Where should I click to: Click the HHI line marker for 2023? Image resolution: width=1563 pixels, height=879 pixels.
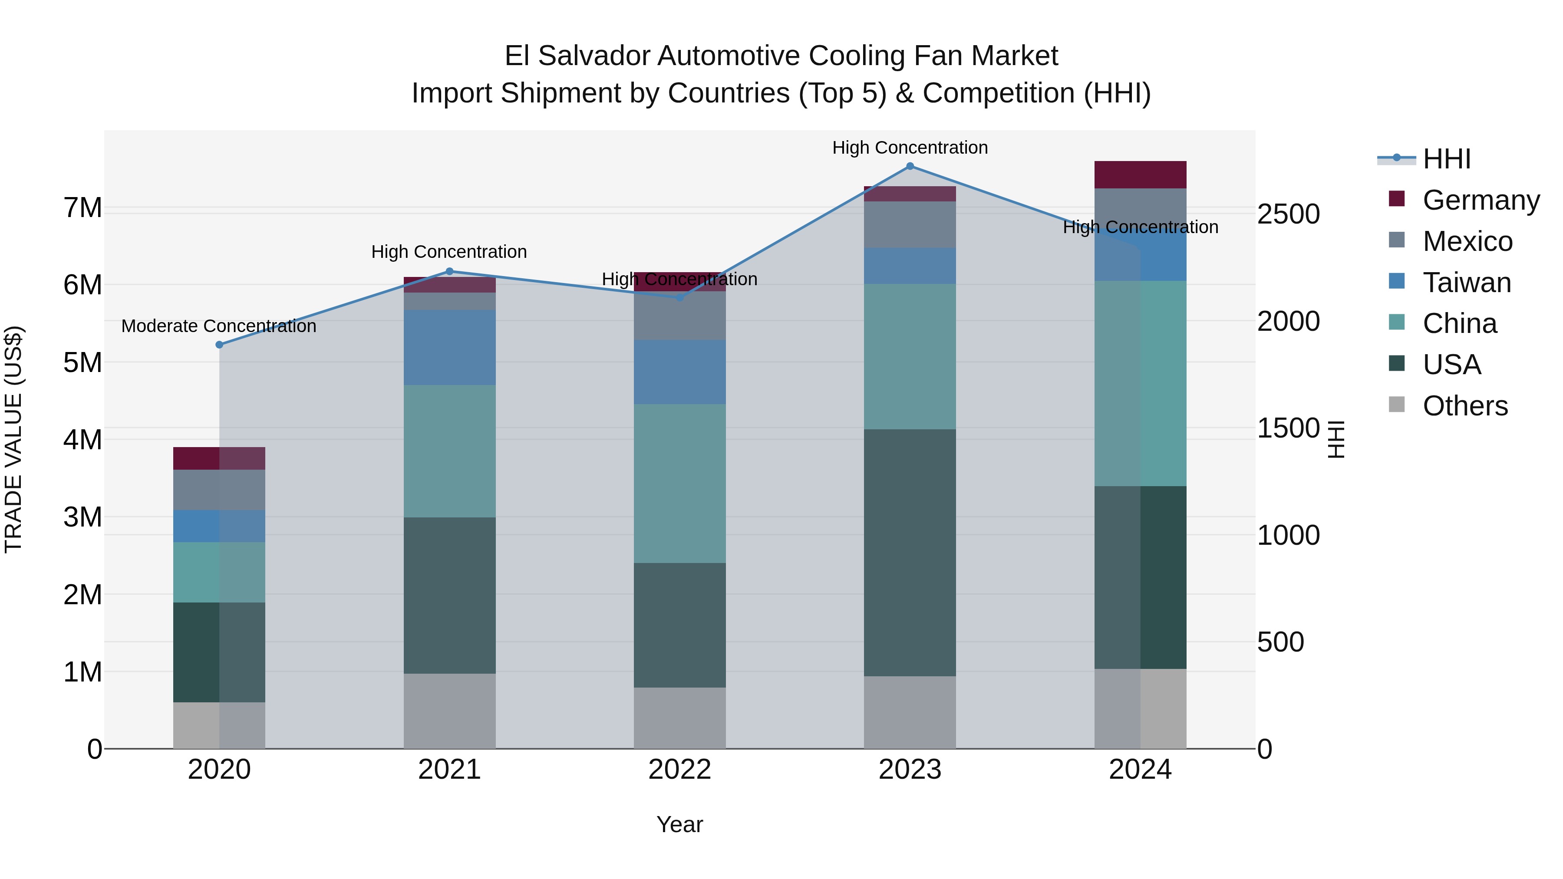pos(910,166)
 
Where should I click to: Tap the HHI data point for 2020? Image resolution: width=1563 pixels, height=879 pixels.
pos(220,345)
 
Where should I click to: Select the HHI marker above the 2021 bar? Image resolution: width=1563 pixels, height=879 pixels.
pos(450,271)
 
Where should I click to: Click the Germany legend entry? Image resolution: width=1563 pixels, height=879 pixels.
pos(1481,200)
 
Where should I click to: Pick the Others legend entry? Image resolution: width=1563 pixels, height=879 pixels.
pos(1465,406)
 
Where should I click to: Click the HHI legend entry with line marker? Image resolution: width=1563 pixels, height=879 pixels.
pos(1446,159)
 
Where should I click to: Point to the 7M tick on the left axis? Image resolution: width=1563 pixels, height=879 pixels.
pos(83,208)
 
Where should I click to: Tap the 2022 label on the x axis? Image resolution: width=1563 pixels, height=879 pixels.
pos(679,770)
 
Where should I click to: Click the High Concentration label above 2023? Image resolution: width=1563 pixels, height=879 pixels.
pos(910,148)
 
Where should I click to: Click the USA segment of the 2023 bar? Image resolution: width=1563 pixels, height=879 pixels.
pos(910,552)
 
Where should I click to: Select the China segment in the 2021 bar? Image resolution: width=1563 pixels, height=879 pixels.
pos(450,451)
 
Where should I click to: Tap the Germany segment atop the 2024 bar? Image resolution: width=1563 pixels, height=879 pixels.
pos(1140,174)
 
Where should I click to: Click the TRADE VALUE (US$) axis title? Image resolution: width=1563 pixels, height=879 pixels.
pos(13,439)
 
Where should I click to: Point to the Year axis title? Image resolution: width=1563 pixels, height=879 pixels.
pos(679,824)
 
